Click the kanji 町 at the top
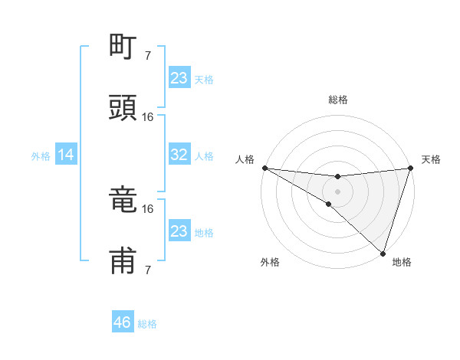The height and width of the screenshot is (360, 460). (x=123, y=47)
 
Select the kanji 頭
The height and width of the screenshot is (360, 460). (x=123, y=108)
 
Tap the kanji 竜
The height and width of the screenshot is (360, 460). (x=123, y=201)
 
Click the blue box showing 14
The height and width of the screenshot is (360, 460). (x=66, y=155)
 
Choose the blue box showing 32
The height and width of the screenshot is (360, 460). (x=179, y=155)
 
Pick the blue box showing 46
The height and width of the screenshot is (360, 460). (x=123, y=322)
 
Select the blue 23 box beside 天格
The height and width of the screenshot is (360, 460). (x=179, y=78)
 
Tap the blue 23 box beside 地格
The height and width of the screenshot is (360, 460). (x=179, y=231)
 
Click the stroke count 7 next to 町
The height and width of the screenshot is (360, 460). (x=147, y=56)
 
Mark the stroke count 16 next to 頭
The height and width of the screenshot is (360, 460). (x=148, y=116)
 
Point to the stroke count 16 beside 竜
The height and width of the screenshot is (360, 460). (x=148, y=208)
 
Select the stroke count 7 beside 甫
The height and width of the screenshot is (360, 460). (x=147, y=270)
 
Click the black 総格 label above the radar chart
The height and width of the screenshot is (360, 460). (x=337, y=100)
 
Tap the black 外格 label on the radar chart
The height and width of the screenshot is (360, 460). (x=270, y=262)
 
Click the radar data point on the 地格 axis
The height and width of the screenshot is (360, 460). (x=383, y=254)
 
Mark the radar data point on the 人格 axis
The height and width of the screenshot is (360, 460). (x=264, y=168)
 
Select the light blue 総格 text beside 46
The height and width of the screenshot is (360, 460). (x=147, y=324)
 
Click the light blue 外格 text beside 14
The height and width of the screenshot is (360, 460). (x=41, y=156)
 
